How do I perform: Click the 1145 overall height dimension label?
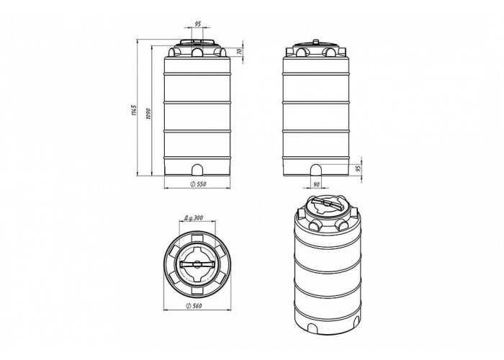(135, 110)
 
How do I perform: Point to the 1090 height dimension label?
(148, 114)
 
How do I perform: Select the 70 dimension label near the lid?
(239, 51)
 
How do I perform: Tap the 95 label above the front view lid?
(198, 24)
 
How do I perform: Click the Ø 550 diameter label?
(198, 184)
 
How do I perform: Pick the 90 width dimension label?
(316, 184)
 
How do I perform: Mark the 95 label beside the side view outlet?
(359, 167)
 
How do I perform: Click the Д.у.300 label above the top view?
(194, 217)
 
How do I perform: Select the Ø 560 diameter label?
(194, 306)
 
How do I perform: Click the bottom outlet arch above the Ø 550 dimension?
(197, 170)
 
